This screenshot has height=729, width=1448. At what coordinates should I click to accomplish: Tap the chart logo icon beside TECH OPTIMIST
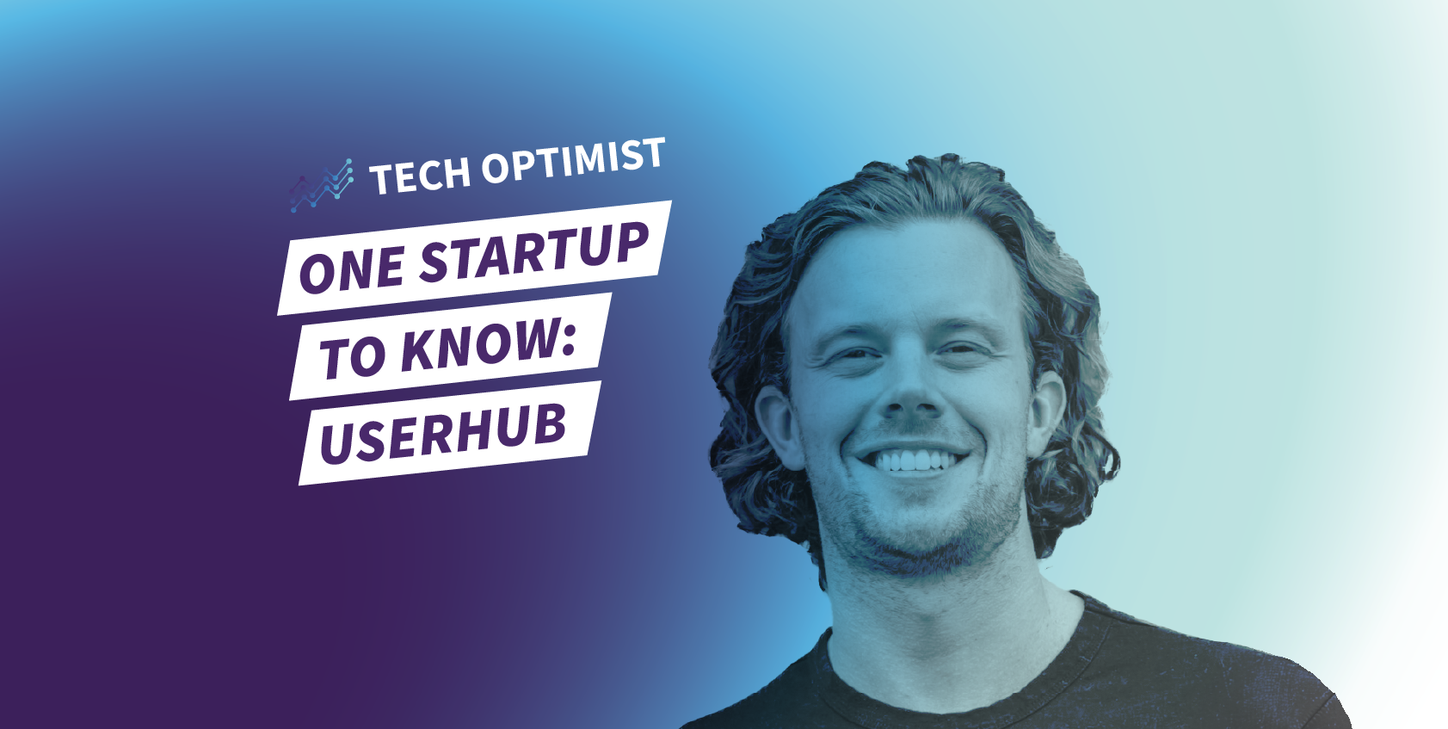tap(321, 186)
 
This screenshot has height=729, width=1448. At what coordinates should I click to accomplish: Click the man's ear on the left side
tap(779, 426)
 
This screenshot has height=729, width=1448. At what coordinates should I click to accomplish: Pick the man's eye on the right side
tap(961, 349)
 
